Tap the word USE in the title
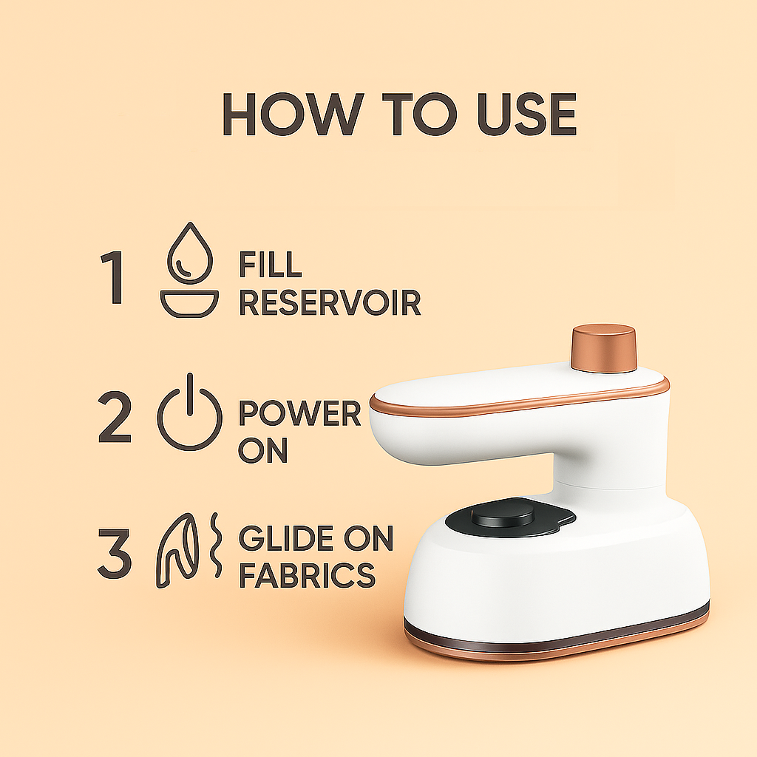(527, 115)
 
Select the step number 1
(112, 278)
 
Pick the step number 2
(115, 417)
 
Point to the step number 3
(115, 554)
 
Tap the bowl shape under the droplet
(189, 304)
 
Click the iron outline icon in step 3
(177, 551)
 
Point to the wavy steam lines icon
(216, 545)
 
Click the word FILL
(271, 265)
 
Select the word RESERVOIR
(330, 302)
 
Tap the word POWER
(300, 413)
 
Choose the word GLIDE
(286, 538)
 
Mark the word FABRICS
(307, 575)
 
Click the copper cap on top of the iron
(603, 348)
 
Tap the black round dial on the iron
(503, 515)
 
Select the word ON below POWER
(263, 450)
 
